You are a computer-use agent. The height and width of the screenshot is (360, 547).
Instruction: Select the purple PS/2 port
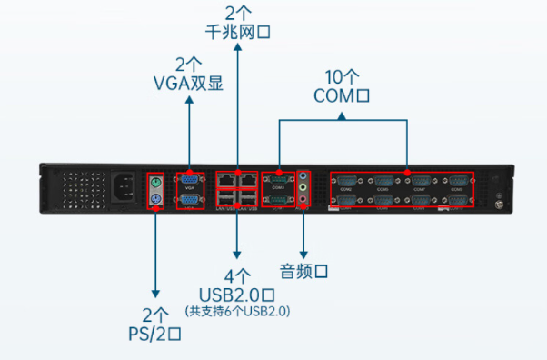coord(155,201)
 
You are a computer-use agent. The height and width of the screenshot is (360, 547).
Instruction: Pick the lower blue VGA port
coord(190,201)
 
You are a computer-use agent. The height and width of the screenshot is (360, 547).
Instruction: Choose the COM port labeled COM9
coord(458,182)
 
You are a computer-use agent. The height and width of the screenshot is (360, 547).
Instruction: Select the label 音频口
coord(303,271)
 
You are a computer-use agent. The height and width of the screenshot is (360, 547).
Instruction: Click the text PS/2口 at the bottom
coord(156,333)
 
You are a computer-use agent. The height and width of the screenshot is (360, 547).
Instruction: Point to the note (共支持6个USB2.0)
coord(237,311)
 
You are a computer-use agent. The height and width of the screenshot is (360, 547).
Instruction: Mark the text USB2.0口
coord(237,294)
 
